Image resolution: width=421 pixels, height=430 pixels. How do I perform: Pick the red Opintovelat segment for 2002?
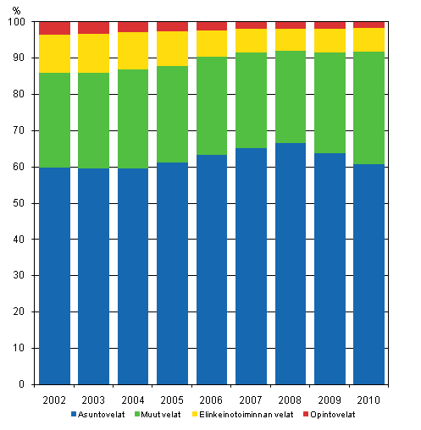[x=54, y=28]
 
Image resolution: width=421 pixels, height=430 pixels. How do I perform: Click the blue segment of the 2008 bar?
[x=290, y=263]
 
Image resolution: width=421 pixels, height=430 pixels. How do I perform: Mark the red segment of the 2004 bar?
[x=133, y=27]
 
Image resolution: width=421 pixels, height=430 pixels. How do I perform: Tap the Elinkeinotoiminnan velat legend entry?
[x=252, y=414]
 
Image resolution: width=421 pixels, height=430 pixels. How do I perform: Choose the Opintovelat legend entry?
[x=335, y=414]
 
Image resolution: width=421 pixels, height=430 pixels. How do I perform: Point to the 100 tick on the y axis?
[x=17, y=22]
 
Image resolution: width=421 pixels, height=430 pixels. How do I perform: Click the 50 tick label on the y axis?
[x=19, y=203]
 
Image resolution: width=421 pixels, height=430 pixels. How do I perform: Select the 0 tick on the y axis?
[x=23, y=384]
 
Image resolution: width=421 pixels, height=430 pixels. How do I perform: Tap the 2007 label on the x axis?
[x=251, y=399]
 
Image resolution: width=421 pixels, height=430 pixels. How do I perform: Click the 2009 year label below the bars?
[x=330, y=399]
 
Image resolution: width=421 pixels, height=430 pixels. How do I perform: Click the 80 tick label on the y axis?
[x=19, y=95]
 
